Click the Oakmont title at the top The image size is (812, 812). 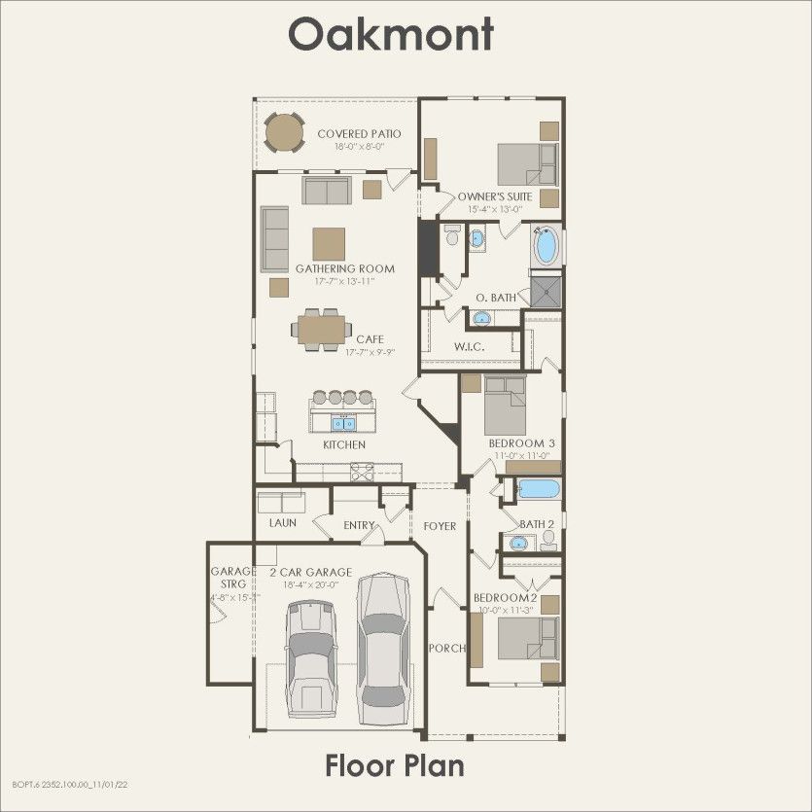pos(391,34)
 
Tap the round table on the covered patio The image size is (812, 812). pos(285,133)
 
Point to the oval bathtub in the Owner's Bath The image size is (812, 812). pos(547,245)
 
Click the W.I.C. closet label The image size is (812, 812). pos(470,346)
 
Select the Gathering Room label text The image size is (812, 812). pos(345,268)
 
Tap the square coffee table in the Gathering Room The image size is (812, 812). pos(329,243)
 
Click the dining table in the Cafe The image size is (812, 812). pos(322,330)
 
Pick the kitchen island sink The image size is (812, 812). pos(343,422)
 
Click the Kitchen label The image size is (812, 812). pos(344,444)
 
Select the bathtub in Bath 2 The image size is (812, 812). pos(539,488)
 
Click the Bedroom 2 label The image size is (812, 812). pos(506,597)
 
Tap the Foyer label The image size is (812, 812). pos(440,526)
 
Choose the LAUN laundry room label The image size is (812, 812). pos(283,523)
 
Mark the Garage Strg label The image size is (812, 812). pos(233,578)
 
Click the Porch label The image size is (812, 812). pos(446,649)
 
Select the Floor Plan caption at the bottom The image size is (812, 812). pos(394,765)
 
